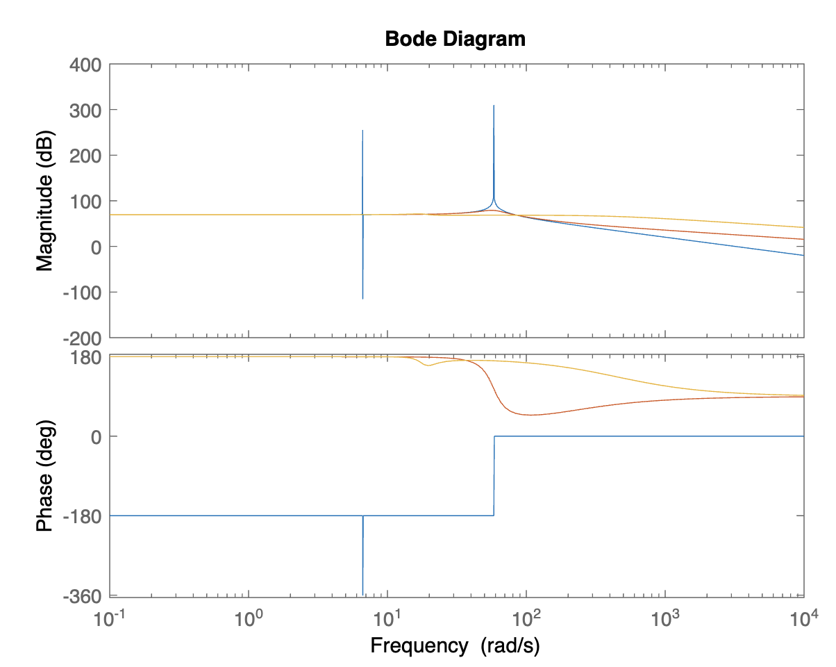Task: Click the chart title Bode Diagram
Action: tap(455, 39)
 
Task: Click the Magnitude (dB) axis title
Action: tap(45, 201)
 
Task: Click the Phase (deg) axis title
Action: tap(45, 475)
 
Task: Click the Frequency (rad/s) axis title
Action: tap(455, 645)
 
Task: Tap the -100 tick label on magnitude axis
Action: tap(83, 293)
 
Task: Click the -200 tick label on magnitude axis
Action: tap(83, 338)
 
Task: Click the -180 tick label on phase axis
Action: tap(83, 516)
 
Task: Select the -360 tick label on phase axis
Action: tap(83, 596)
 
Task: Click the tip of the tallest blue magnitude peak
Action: tap(494, 106)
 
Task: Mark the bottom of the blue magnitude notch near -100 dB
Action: tap(362, 299)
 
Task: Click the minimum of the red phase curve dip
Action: tap(531, 415)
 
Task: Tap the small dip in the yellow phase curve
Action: tap(428, 365)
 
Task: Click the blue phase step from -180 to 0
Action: tap(494, 476)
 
